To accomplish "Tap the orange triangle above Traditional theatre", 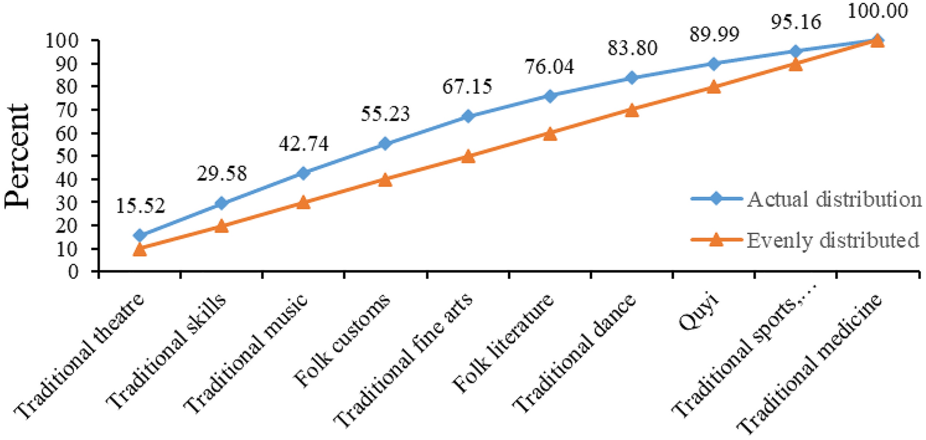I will point(140,249).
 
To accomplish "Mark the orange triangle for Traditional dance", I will point(632,110).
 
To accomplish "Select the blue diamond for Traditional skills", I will point(221,203).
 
